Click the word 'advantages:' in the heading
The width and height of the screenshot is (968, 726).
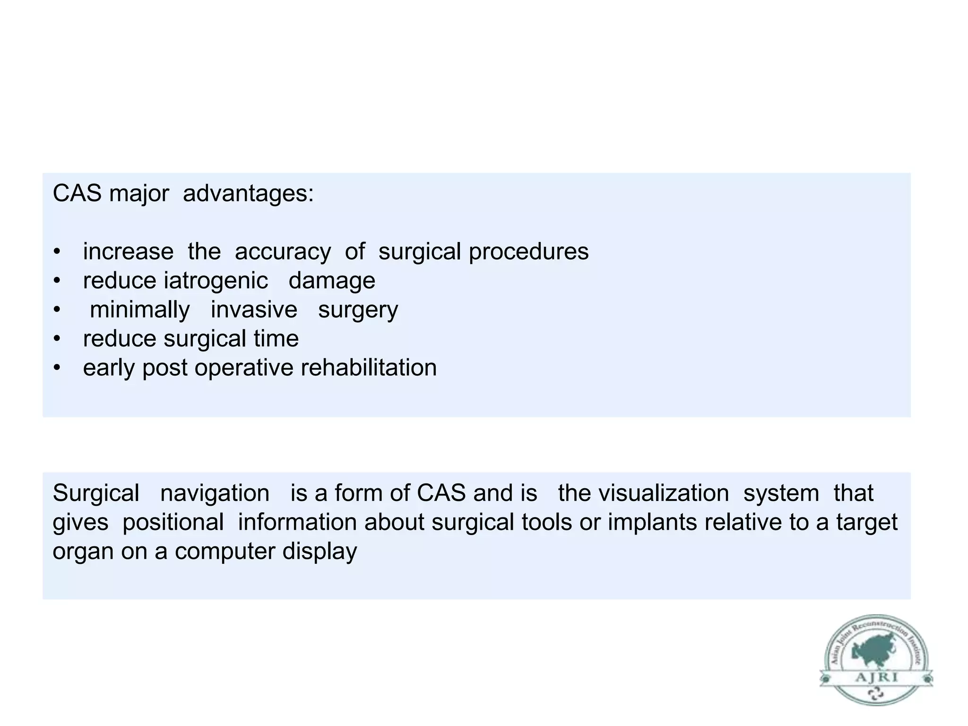click(248, 193)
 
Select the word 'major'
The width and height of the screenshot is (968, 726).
click(139, 194)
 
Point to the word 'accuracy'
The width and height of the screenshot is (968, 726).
click(283, 251)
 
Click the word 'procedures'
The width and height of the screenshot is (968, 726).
click(528, 251)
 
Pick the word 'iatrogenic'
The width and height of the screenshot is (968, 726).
click(216, 281)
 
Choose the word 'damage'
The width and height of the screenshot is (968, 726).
click(332, 281)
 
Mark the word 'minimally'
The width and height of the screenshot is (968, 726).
click(140, 310)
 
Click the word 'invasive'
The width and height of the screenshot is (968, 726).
click(254, 310)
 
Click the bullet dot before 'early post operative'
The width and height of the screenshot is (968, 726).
click(57, 368)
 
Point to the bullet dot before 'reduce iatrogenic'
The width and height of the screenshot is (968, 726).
click(57, 281)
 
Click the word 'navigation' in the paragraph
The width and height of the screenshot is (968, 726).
click(215, 493)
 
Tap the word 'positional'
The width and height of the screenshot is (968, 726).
click(173, 522)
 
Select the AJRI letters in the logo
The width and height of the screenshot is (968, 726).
click(876, 678)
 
